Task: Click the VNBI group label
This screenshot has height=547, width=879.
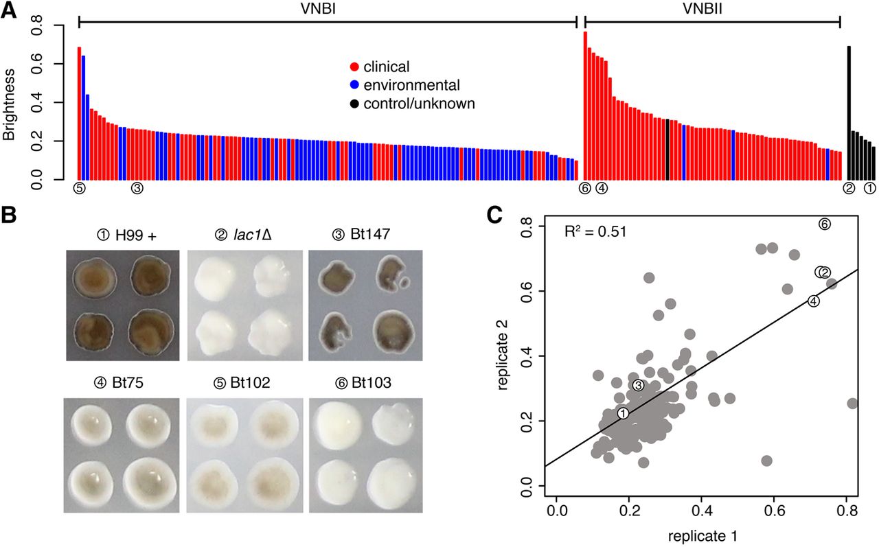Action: pos(318,9)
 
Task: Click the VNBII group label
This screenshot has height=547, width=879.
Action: pos(703,9)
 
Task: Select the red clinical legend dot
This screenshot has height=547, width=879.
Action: pos(354,67)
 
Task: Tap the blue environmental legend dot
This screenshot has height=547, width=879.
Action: pos(354,85)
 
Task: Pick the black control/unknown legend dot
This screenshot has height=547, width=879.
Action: pos(354,104)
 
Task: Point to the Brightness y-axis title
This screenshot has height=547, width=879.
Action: pos(9,105)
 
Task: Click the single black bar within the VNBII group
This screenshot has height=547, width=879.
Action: pos(667,150)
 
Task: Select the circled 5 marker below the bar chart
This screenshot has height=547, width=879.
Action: pos(79,189)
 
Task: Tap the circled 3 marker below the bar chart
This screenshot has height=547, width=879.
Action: pos(137,189)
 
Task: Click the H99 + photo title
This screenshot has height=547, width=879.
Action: pos(126,235)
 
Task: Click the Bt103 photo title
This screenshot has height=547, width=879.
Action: pos(363,383)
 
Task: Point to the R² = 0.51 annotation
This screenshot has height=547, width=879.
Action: pos(595,232)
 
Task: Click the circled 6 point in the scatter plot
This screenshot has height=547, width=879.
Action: pos(825,224)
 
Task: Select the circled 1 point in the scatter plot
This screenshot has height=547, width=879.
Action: pos(623,413)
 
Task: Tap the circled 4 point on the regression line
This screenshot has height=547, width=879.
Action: pos(814,301)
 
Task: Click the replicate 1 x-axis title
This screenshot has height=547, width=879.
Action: pos(703,536)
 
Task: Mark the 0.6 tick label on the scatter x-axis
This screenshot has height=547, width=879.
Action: pos(774,512)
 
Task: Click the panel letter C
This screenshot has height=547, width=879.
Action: pos(494,215)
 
